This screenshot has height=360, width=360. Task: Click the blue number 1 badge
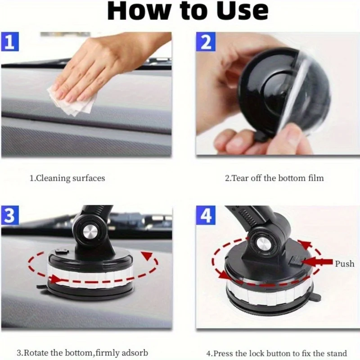pyautogui.click(x=10, y=41)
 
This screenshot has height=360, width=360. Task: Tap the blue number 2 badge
pyautogui.click(x=206, y=41)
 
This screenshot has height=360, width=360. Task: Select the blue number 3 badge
pyautogui.click(x=10, y=215)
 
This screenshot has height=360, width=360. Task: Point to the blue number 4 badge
pyautogui.click(x=206, y=215)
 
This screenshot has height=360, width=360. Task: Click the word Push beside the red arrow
pyautogui.click(x=344, y=264)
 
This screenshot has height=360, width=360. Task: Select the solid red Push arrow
pyautogui.click(x=317, y=262)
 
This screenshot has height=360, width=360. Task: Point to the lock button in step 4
pyautogui.click(x=296, y=261)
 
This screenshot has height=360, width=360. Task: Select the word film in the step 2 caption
pyautogui.click(x=316, y=178)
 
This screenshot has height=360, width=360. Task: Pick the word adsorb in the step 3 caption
pyautogui.click(x=135, y=352)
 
